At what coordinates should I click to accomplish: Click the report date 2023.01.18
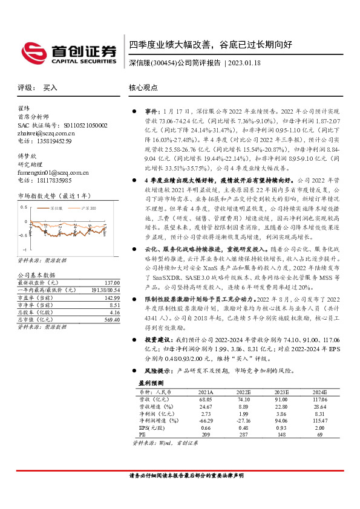[245, 63]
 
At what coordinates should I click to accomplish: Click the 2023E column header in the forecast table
[281, 392]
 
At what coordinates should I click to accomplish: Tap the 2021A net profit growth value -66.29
[206, 420]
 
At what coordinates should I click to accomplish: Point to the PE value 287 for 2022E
[243, 434]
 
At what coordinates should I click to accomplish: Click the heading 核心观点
[143, 88]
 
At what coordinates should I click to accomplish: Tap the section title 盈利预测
[142, 383]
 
